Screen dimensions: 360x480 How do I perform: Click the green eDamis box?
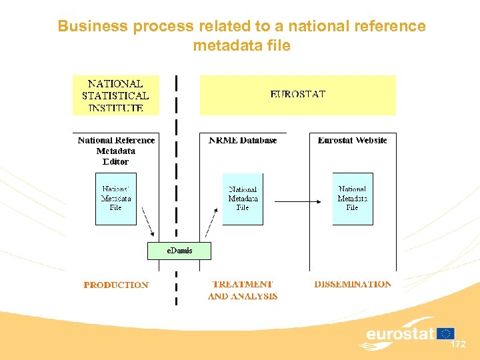(x=179, y=251)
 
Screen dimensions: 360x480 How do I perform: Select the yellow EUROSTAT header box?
(x=297, y=95)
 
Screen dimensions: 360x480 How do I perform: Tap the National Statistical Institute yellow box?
(x=115, y=95)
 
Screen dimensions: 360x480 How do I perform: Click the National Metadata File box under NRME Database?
(x=243, y=199)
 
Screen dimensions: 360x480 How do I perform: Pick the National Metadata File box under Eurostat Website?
(x=352, y=199)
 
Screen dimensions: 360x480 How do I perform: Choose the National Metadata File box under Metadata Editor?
(x=116, y=199)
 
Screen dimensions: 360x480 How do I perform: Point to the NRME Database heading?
(x=243, y=141)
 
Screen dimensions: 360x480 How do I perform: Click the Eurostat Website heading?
(x=352, y=141)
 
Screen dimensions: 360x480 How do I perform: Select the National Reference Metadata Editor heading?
(x=116, y=151)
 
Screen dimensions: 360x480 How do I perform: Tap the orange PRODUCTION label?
(x=116, y=285)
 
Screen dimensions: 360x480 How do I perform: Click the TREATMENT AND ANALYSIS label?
(x=243, y=290)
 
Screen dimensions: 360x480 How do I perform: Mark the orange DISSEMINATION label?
(x=353, y=284)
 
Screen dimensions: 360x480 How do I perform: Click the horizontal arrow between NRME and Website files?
(x=297, y=199)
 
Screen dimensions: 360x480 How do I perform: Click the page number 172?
(x=458, y=345)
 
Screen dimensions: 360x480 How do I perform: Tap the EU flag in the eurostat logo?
(x=446, y=333)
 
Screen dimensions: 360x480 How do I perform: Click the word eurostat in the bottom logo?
(x=400, y=333)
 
